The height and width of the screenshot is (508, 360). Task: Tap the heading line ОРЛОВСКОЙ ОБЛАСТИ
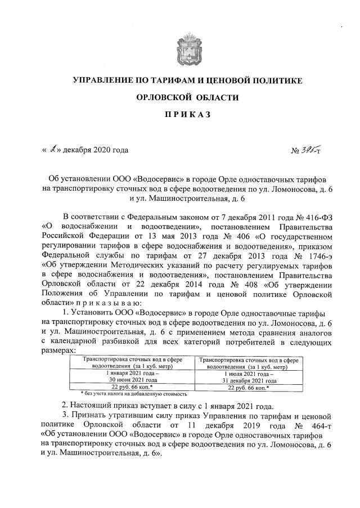(187, 98)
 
